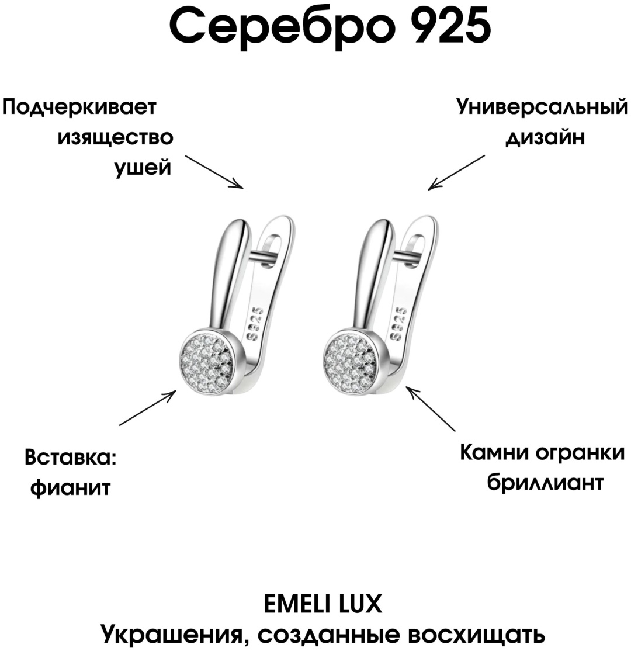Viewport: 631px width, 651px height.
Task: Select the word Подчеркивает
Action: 79,108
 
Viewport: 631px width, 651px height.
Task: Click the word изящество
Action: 116,137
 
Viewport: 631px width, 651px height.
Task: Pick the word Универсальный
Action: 543,108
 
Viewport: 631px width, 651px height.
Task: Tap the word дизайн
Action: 545,137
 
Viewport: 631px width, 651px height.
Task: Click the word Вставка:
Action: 71,458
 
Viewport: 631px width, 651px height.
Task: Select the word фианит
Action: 71,487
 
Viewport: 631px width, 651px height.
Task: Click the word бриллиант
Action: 545,483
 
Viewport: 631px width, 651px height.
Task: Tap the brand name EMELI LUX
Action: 323,604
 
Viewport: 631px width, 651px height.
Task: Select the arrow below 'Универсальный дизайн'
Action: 456,173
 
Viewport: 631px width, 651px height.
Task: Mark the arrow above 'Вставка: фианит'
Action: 148,408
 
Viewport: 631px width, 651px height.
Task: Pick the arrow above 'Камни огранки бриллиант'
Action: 431,409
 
